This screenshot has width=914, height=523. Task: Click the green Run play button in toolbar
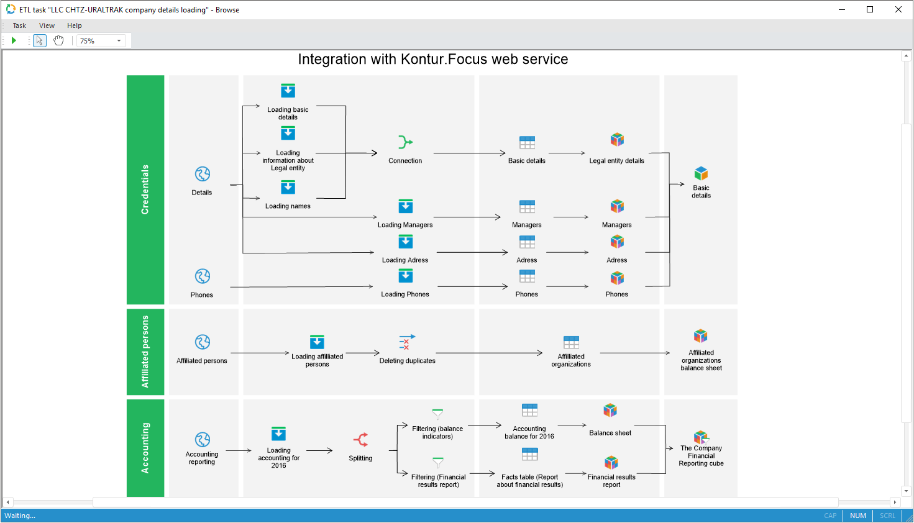(x=14, y=40)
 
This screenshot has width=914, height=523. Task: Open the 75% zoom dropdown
(x=119, y=41)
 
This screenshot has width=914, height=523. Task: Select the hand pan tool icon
(x=58, y=40)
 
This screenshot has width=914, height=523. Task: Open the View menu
(x=47, y=25)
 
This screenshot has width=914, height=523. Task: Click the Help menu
(x=75, y=25)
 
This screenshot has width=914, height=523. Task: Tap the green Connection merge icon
(x=405, y=142)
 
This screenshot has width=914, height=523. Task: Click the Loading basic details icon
(x=288, y=91)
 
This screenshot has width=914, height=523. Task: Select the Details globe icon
(x=203, y=174)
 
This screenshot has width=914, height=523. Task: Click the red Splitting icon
(x=361, y=440)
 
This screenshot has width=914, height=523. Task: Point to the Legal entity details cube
(x=617, y=140)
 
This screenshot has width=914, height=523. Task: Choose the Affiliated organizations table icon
(x=571, y=342)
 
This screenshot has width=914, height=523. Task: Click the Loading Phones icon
(x=406, y=276)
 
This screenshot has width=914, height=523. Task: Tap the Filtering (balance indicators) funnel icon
(x=438, y=414)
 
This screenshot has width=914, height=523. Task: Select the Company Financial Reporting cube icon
(x=701, y=437)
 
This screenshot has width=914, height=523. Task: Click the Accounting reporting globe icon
(x=203, y=440)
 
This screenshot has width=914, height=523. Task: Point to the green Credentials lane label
(x=145, y=189)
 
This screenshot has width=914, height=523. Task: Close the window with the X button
(x=898, y=9)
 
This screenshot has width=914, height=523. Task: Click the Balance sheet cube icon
(x=610, y=411)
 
